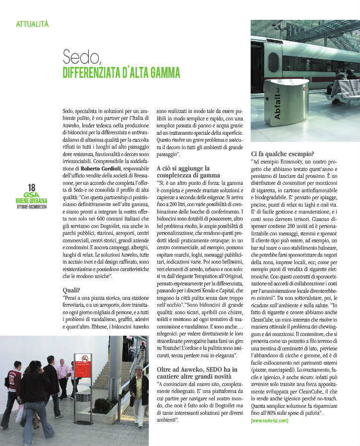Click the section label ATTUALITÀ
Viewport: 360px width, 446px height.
[x=32, y=23]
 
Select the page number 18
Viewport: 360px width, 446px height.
[x=32, y=187]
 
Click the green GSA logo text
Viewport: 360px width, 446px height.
[x=32, y=195]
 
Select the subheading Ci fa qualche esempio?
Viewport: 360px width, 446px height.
[x=283, y=154]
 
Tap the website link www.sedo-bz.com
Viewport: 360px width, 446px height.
[x=270, y=420]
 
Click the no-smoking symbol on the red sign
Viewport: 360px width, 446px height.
[x=83, y=358]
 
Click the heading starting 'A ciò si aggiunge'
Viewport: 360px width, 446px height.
[x=183, y=171]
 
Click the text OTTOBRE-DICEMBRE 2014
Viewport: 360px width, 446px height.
[x=32, y=206]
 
